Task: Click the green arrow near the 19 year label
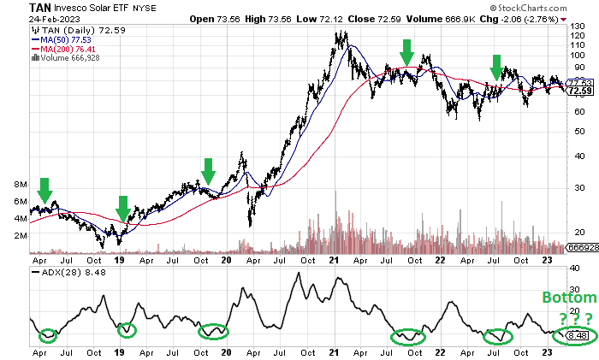coord(122,208)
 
